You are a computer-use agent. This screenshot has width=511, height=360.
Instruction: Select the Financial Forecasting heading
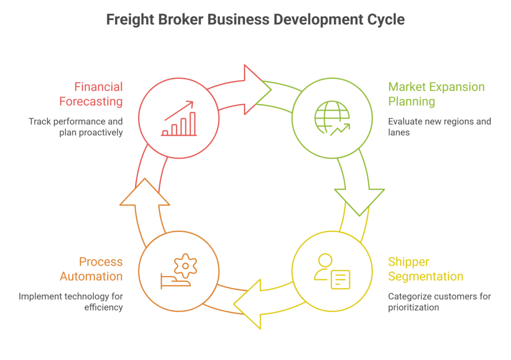tap(91, 94)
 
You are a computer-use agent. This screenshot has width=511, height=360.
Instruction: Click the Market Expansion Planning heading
tap(436, 94)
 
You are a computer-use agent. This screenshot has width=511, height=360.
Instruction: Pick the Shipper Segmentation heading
tap(425, 269)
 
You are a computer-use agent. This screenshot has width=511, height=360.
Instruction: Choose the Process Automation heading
tap(91, 269)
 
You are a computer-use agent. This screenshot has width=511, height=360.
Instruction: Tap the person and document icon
tap(332, 272)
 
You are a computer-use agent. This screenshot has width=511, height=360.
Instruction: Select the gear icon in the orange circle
tap(185, 266)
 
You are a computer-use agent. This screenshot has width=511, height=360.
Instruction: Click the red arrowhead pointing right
tap(255, 90)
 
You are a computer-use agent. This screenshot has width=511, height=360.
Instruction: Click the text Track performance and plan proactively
tap(75, 127)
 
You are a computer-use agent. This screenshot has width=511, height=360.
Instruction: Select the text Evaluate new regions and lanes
tap(439, 127)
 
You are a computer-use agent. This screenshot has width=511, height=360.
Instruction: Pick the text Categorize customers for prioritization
tap(439, 302)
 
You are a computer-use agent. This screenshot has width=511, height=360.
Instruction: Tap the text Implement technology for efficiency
tap(71, 302)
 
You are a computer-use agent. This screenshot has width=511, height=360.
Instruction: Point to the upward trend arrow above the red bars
tap(179, 110)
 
